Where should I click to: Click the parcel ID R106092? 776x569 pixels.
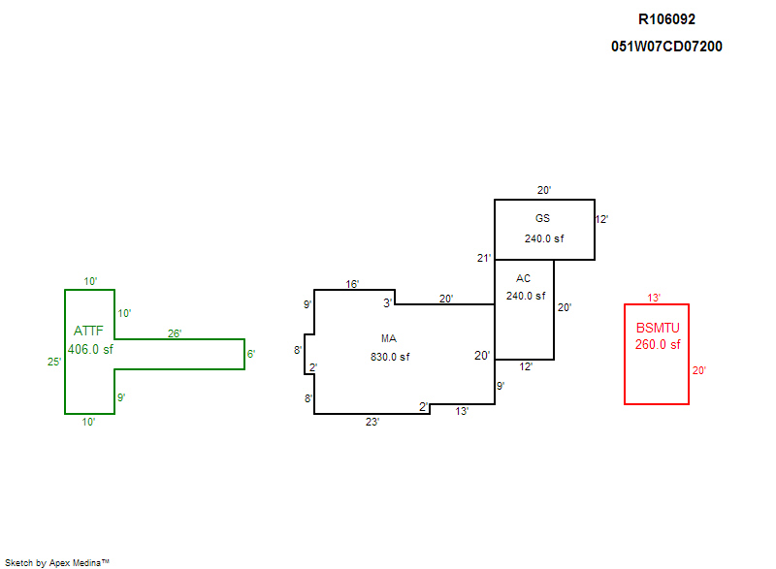click(666, 18)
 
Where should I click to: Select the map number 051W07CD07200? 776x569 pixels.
click(666, 47)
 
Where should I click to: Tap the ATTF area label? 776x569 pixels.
click(88, 331)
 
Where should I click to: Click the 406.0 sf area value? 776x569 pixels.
click(90, 349)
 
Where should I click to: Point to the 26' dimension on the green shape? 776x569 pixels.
click(175, 333)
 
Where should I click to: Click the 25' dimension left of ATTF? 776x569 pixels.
click(55, 362)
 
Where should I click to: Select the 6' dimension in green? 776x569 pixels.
click(250, 354)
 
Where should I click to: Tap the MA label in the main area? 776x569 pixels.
click(389, 338)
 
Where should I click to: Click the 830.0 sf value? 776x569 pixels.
click(390, 357)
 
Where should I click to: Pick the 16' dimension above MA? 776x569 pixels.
click(353, 284)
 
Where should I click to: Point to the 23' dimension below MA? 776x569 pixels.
click(372, 422)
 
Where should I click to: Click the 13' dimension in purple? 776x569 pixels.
click(463, 411)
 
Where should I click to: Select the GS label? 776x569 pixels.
click(542, 218)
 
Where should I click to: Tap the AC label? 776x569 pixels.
click(524, 278)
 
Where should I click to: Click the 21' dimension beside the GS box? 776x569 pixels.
click(484, 257)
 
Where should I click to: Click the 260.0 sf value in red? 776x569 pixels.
click(658, 344)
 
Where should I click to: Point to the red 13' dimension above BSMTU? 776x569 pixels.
click(654, 298)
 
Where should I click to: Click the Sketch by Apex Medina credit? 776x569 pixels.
click(56, 562)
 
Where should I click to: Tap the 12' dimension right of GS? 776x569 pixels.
click(601, 219)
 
